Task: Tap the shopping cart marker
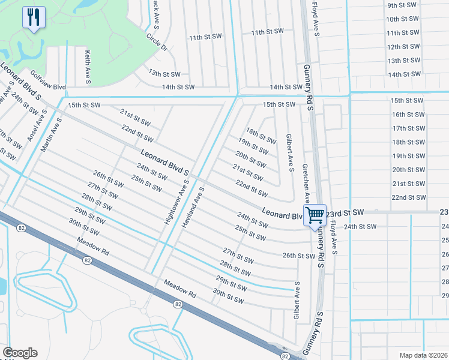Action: [x=315, y=215]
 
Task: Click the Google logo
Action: [x=20, y=353]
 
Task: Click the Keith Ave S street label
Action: [x=88, y=66]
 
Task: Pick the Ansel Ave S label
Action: [x=37, y=125]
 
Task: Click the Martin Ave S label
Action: [x=50, y=134]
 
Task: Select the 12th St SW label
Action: [x=404, y=47]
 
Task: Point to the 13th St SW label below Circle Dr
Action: [x=164, y=74]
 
